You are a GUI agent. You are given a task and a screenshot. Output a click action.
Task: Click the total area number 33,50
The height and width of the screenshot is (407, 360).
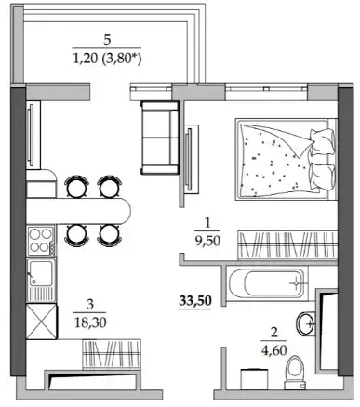pos(195,301)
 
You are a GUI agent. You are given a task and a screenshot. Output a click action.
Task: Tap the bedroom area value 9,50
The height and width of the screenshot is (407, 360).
pos(207,241)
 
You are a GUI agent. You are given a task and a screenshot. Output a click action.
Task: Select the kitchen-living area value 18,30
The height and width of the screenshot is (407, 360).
pos(90,322)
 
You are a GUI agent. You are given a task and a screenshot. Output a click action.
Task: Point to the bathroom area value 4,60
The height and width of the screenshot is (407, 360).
pos(273,350)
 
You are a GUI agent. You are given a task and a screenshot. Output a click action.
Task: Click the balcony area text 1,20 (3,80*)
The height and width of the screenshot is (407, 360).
pos(107,58)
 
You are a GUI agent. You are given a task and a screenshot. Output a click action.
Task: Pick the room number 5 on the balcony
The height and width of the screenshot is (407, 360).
pos(107,40)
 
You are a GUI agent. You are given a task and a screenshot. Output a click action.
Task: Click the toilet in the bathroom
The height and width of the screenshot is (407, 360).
pos(295,373)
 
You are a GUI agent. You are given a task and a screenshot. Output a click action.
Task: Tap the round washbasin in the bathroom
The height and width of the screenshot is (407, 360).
pos(306,323)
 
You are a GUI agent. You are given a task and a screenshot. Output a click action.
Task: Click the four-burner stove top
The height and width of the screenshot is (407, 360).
pos(42,242)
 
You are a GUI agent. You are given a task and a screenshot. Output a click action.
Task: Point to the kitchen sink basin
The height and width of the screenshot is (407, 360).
pos(40,273)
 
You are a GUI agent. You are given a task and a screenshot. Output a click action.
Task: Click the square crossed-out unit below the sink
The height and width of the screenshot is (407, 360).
pos(42,322)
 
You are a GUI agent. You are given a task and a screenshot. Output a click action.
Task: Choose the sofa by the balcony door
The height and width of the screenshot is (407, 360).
pos(160,138)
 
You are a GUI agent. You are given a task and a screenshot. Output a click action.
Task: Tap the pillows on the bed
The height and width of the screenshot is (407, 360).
pos(323,159)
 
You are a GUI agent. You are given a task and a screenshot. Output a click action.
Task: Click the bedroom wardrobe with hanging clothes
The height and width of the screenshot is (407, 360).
pos(287,244)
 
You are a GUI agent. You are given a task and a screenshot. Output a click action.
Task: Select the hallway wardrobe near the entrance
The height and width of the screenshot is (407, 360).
pos(112,354)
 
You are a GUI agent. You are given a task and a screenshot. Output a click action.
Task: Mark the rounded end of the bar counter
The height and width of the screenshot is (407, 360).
pos(125,211)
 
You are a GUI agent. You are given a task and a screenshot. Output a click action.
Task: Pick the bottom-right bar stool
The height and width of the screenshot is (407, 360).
pos(110,235)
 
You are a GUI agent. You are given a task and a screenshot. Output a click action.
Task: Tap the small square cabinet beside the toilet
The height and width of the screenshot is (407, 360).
pos(254,379)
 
